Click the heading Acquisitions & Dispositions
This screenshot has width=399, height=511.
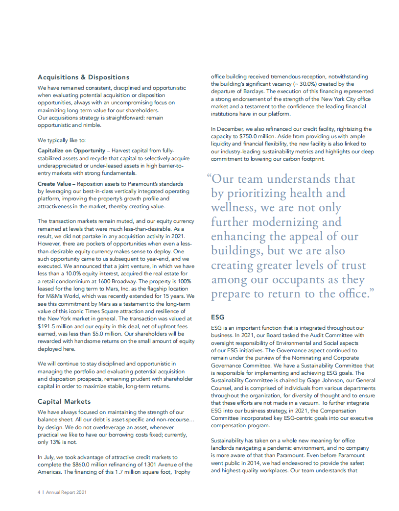click(x=83, y=77)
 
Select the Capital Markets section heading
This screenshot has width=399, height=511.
click(x=64, y=401)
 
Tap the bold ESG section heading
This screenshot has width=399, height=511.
click(x=217, y=317)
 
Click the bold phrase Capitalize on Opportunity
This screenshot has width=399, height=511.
click(x=71, y=150)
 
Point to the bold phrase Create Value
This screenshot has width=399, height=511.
click(x=53, y=183)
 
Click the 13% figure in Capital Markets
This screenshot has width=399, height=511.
click(x=58, y=441)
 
